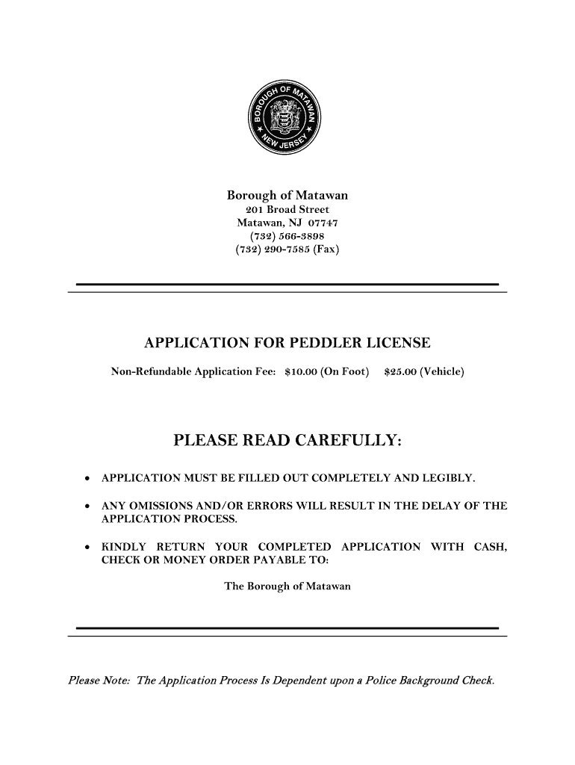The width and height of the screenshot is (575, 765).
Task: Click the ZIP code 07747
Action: tap(322, 223)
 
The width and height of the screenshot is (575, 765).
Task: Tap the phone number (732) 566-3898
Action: tap(287, 236)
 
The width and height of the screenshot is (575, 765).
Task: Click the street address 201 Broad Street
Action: tap(287, 210)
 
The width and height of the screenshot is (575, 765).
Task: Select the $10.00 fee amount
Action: tap(300, 371)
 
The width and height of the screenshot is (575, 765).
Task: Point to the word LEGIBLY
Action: tap(451, 477)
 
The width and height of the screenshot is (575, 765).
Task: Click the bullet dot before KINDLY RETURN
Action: tap(88, 548)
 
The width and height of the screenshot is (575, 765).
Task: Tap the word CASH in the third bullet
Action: tap(491, 547)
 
